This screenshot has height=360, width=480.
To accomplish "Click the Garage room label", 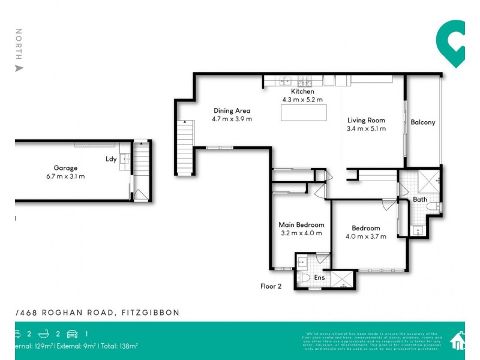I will coord(65,168).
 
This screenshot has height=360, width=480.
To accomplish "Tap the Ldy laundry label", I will coord(111,159).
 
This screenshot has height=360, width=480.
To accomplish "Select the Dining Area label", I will coord(232,110).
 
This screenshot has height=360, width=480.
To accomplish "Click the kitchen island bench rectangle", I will coord(304,112).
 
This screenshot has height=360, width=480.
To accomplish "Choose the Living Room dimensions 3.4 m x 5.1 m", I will coord(366,128).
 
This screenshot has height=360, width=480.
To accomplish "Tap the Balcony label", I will coord(423,122).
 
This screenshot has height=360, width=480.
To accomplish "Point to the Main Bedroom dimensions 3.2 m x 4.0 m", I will coord(301,233).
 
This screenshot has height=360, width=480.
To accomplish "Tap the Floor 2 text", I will coord(271,286).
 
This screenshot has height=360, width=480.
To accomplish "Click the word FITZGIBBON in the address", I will coord(151,313).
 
